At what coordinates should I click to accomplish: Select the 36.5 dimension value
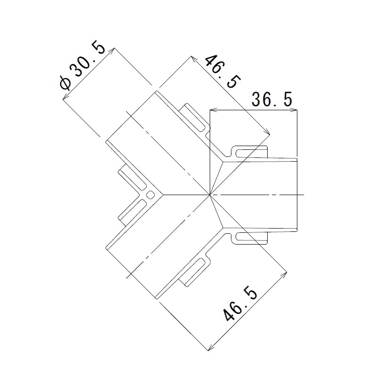[x=272, y=99]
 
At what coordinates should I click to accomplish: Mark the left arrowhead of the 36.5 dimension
[x=213, y=110]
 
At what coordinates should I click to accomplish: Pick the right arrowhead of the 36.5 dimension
[x=294, y=110]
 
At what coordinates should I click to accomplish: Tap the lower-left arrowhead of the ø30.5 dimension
[x=65, y=98]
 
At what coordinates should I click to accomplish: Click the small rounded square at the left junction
[x=150, y=195]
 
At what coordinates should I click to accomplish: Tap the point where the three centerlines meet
[x=210, y=195]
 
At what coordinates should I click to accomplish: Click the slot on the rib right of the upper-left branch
[x=195, y=117]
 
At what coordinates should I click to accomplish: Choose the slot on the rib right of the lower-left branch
[x=195, y=272]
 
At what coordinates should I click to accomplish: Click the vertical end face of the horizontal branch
[x=297, y=195]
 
